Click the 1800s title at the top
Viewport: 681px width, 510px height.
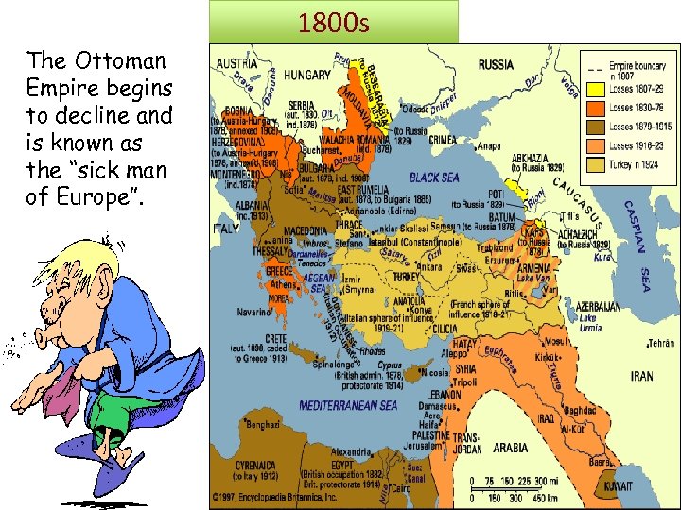pyautogui.click(x=333, y=22)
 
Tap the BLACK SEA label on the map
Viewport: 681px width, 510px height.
pyautogui.click(x=434, y=177)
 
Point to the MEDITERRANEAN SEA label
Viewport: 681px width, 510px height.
pyautogui.click(x=348, y=406)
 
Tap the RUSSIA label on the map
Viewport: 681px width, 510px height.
pyautogui.click(x=496, y=65)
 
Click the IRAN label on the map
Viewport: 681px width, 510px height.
pyautogui.click(x=641, y=376)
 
